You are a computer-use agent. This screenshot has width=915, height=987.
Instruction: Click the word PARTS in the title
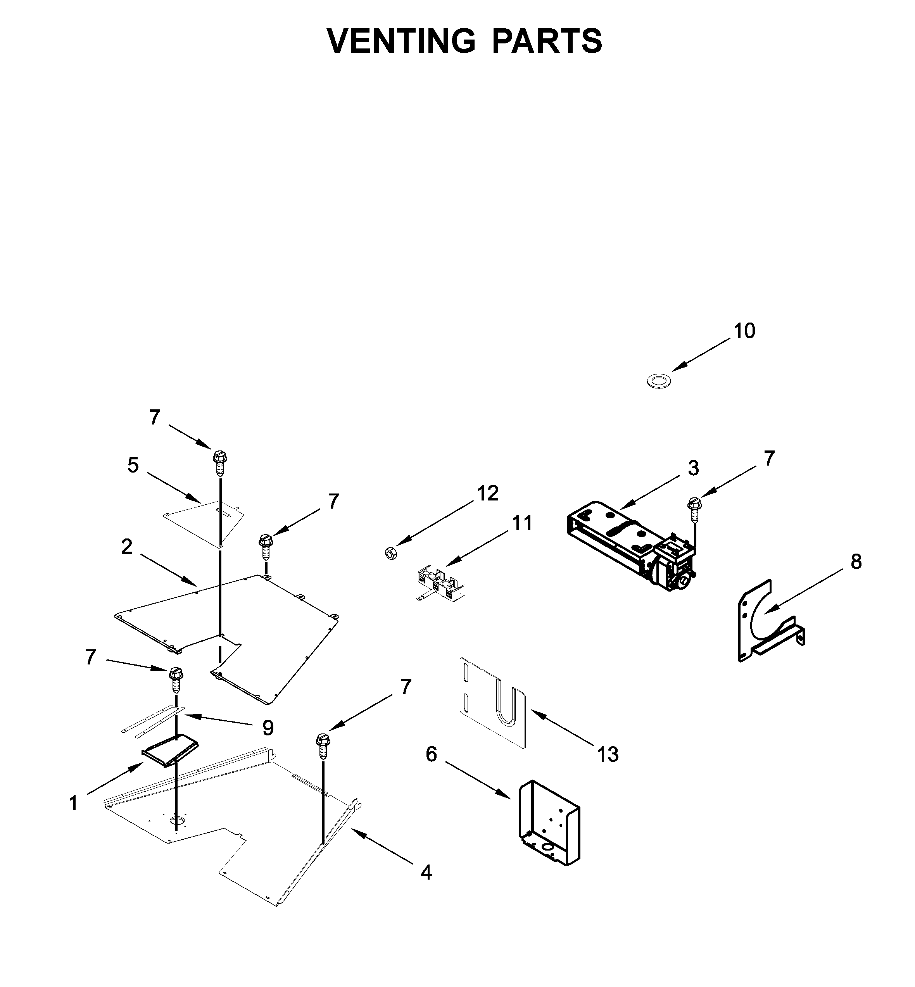pos(547,41)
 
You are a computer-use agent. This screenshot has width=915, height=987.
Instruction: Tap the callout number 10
pos(744,331)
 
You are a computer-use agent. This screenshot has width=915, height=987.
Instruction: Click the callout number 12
pos(488,493)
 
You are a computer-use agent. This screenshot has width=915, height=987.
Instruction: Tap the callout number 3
pos(693,468)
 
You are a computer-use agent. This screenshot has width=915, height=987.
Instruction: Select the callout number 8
pos(856,562)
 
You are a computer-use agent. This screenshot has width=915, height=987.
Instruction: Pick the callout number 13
pos(608,755)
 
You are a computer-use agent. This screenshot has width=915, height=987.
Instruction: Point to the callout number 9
pos(268,728)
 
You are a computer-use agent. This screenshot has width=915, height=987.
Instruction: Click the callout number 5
pos(133,465)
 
